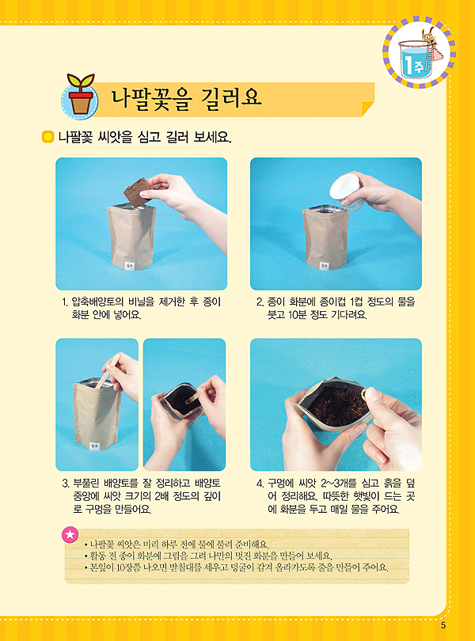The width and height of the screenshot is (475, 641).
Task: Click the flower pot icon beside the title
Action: pyautogui.click(x=80, y=95)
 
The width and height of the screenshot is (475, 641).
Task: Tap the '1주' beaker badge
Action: pyautogui.click(x=419, y=53)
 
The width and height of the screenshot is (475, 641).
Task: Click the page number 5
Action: pyautogui.click(x=443, y=625)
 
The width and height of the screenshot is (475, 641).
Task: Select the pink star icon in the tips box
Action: pyautogui.click(x=70, y=534)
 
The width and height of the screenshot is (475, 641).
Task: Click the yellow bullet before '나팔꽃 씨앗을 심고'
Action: pyautogui.click(x=47, y=137)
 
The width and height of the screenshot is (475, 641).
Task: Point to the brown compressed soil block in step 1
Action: pyautogui.click(x=138, y=192)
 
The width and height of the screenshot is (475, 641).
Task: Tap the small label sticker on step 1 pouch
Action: pyautogui.click(x=130, y=265)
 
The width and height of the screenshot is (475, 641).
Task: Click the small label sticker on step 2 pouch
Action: pyautogui.click(x=324, y=266)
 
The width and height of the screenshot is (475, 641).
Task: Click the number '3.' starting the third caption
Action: pyautogui.click(x=66, y=484)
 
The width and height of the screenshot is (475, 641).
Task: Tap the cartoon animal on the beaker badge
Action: pyautogui.click(x=429, y=36)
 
